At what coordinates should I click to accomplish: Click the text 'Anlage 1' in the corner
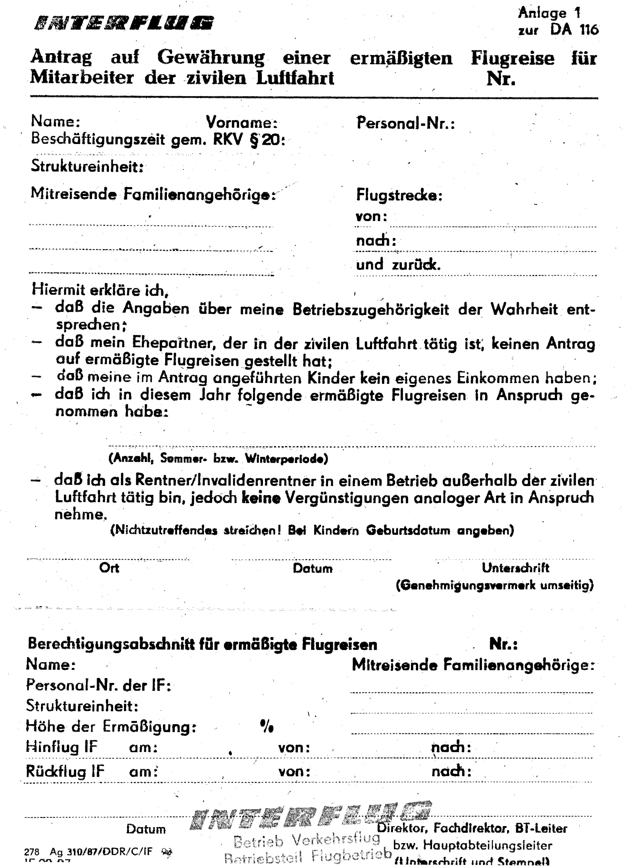click(x=549, y=13)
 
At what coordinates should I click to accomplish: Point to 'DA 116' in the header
click(x=574, y=30)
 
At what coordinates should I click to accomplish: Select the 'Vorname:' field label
click(x=242, y=122)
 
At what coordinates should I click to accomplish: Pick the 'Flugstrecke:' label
click(x=399, y=196)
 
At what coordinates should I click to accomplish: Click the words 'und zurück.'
click(x=398, y=265)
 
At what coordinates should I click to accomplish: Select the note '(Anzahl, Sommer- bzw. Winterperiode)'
click(x=218, y=459)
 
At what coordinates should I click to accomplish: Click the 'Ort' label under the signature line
click(x=109, y=568)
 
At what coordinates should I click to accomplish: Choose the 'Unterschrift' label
click(x=516, y=568)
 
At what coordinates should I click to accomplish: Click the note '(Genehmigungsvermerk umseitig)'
click(x=494, y=585)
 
